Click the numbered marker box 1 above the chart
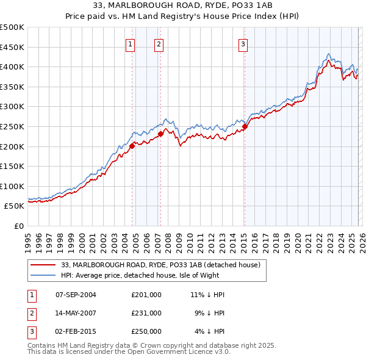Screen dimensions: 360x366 point(131,43)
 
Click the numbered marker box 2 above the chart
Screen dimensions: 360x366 point(159,43)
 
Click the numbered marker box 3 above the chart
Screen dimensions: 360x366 point(243,43)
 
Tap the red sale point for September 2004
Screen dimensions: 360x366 point(132,146)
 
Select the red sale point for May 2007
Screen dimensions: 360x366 point(160,134)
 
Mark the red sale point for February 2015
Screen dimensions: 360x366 point(244,126)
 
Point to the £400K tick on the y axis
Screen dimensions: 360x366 point(13,67)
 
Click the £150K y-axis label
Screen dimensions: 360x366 point(13,166)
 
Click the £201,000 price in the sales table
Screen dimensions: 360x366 point(146,295)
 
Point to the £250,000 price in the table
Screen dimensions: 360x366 point(146,331)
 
